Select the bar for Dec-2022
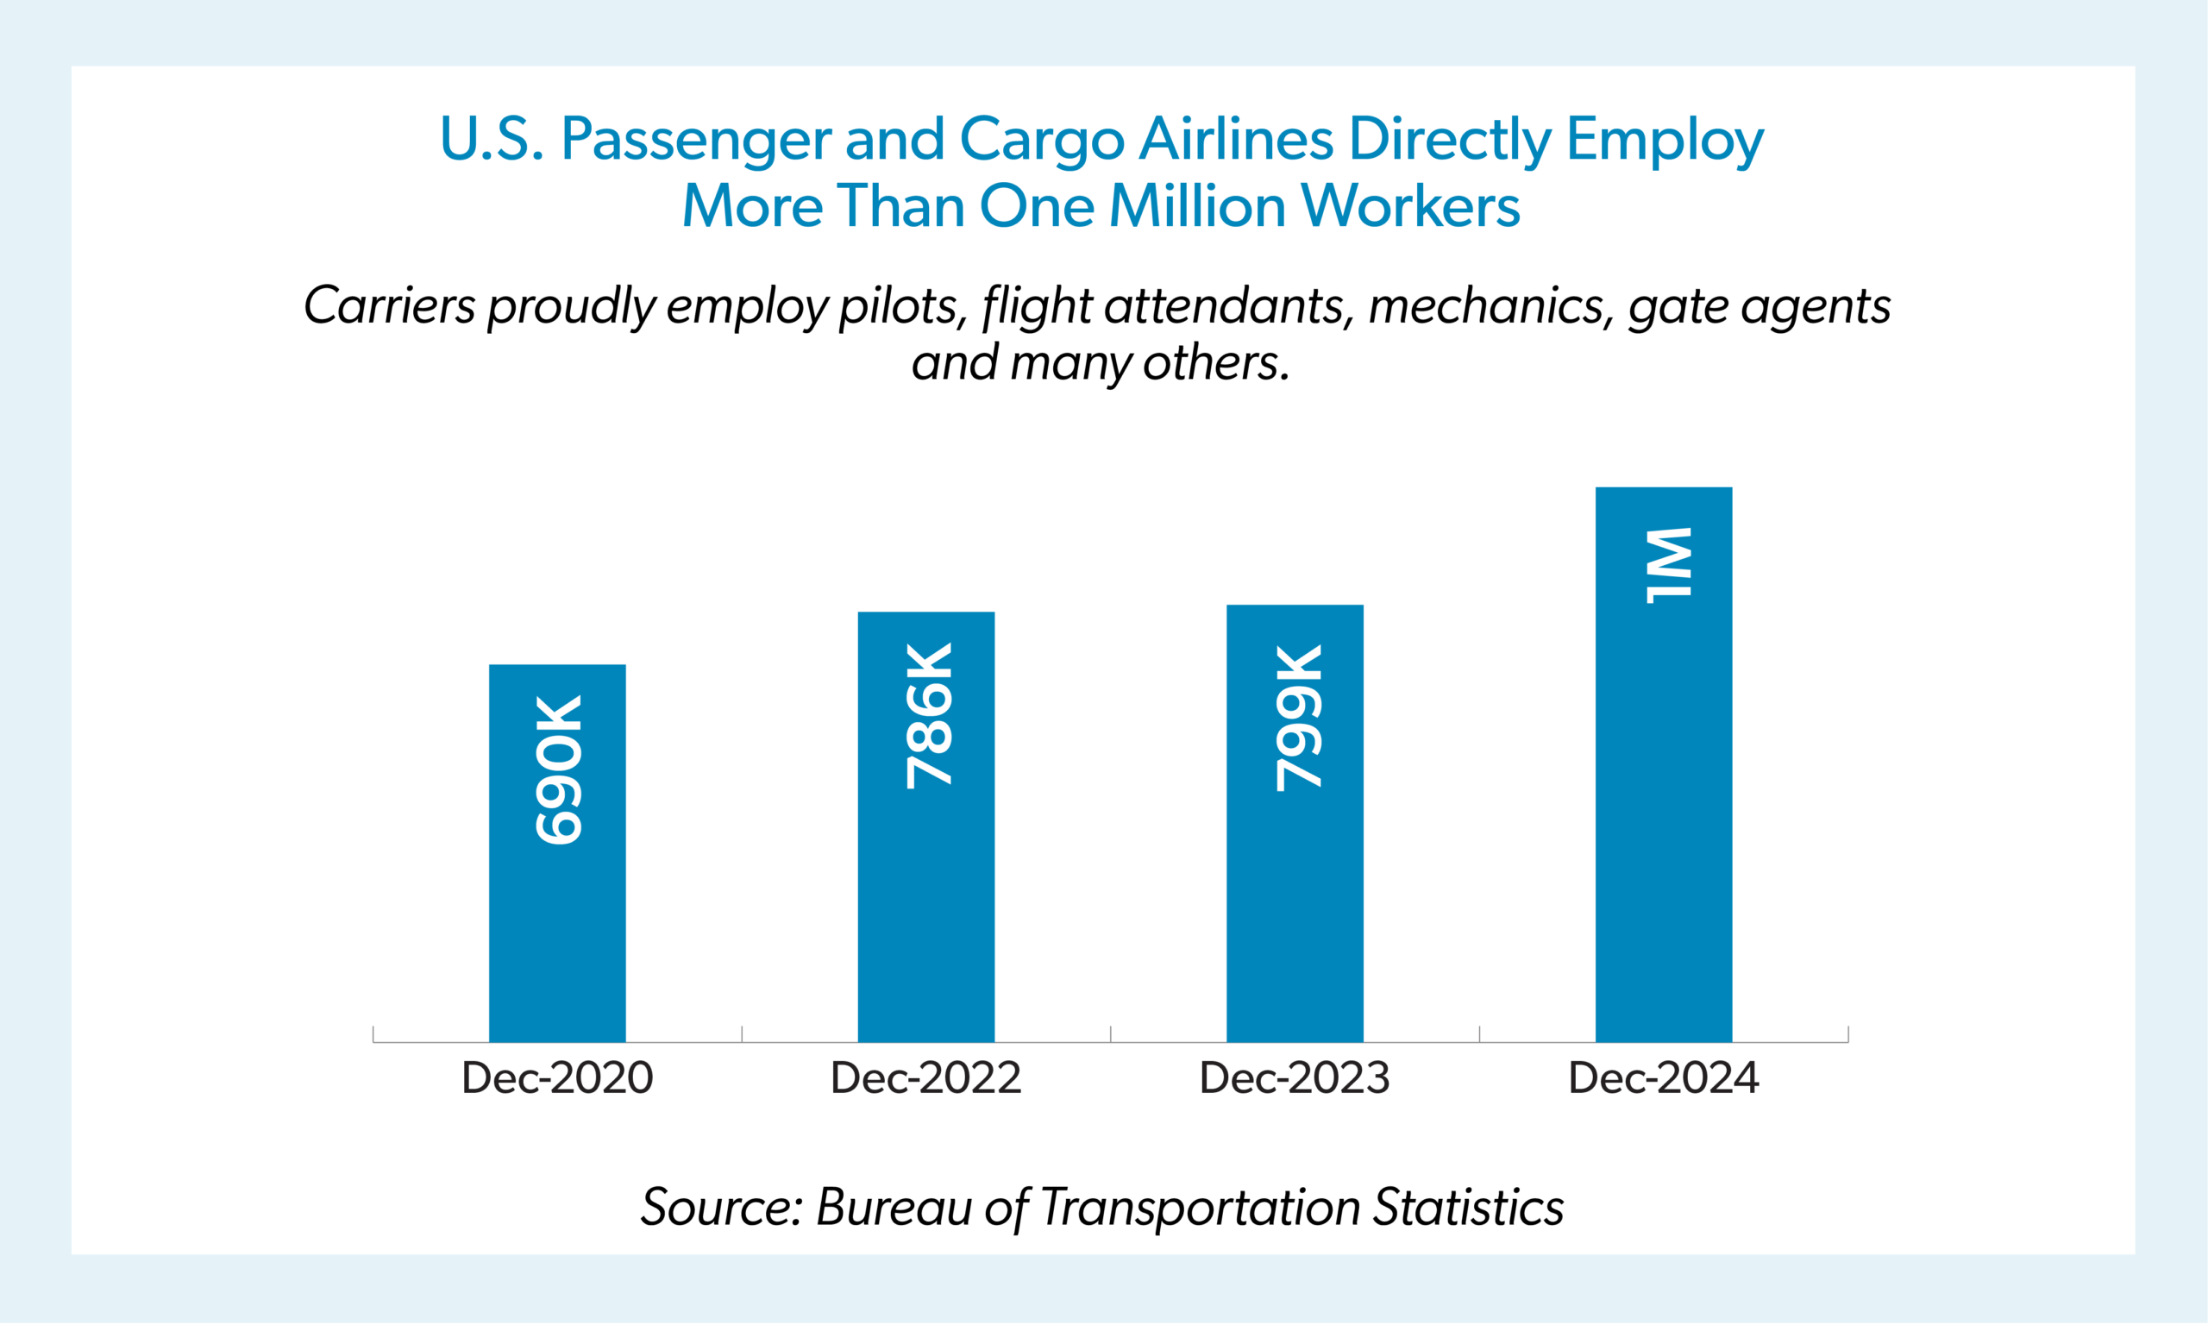coord(925,911)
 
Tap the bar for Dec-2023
coord(1294,911)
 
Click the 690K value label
coord(559,769)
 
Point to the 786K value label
coord(928,716)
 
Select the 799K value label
coord(1298,718)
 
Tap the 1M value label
coord(1667,565)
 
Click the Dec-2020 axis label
coord(557,1077)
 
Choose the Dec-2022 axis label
coord(925,1077)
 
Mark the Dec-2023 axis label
coord(1294,1077)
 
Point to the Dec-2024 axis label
coord(1663,1077)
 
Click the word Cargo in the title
coord(1041,141)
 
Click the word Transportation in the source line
coord(1200,1208)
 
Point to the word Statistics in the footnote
coord(1467,1208)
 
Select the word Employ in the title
coord(1665,141)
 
